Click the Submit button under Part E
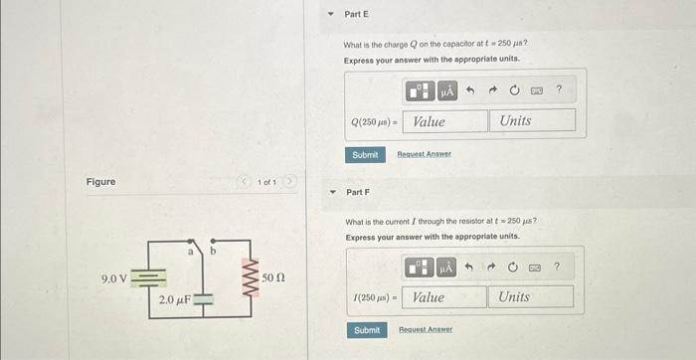[365, 155]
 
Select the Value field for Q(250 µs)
[444, 121]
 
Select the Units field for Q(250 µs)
[531, 121]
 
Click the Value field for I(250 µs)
[444, 296]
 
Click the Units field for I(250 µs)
[529, 296]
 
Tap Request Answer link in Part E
[424, 155]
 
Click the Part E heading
[356, 15]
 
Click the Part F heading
[356, 192]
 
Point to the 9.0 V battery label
[114, 277]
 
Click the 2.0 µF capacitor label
[174, 298]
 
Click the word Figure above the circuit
[100, 182]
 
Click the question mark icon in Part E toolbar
[559, 90]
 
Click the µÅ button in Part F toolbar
[445, 267]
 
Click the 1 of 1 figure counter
[265, 182]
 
